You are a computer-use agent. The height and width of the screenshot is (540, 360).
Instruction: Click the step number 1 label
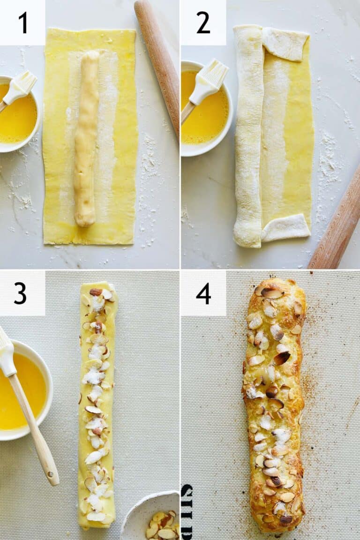[22, 22]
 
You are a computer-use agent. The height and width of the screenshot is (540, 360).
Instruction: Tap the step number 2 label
[203, 22]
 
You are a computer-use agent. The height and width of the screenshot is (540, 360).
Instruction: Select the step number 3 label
[20, 293]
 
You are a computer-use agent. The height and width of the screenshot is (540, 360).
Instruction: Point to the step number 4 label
[203, 293]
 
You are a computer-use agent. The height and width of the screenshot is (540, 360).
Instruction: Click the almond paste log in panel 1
[87, 138]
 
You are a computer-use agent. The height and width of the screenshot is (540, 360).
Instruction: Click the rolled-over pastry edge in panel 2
[247, 136]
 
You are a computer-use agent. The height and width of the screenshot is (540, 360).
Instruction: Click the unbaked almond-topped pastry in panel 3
[97, 403]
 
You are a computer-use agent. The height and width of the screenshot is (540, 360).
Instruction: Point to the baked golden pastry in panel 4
[274, 403]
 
